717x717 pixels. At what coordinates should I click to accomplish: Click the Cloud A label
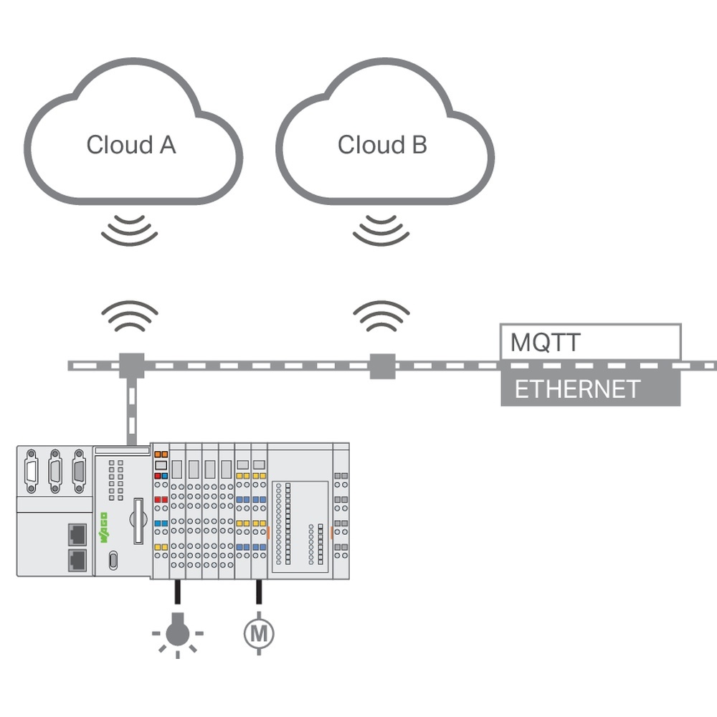130,145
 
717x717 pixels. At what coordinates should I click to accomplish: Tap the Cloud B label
382,145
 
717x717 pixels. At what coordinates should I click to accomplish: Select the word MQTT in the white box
545,343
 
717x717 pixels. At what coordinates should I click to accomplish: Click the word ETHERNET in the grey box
577,389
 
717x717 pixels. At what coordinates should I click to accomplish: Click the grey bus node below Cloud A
131,366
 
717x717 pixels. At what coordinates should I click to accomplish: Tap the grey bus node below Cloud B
382,366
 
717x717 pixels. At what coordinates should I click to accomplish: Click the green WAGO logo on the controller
103,526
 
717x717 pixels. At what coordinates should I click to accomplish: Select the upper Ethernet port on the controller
77,533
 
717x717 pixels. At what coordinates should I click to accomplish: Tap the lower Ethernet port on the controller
77,560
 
